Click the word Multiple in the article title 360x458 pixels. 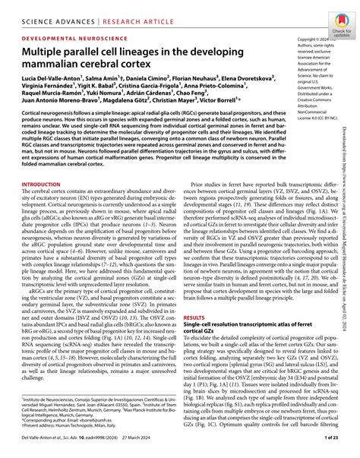point(47,52)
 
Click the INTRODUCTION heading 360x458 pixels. point(46,185)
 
